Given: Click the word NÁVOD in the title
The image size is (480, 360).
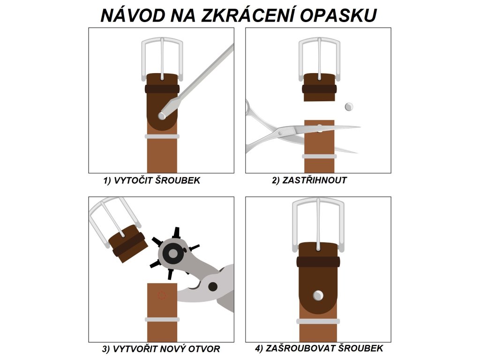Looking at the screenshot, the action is pos(133,15).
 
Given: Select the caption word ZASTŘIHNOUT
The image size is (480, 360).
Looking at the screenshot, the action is pos(315,180).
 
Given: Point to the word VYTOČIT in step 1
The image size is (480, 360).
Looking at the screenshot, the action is pos(133,180).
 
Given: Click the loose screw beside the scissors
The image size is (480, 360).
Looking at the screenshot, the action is pos(349,107).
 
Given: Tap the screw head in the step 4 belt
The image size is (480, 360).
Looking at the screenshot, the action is pos(318,295).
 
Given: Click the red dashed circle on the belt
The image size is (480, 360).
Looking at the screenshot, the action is pos(162,295).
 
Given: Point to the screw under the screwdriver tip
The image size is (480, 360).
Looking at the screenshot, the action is pos(162,116).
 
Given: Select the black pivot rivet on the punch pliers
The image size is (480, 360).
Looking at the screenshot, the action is pos(213,287).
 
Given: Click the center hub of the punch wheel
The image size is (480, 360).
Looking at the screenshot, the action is pos(173,254).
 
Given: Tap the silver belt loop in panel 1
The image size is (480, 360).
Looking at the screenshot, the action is pos(162,136).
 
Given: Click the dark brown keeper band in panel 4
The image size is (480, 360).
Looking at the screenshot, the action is pos(318,262).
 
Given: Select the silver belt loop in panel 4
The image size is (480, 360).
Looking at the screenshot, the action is pos(318,322).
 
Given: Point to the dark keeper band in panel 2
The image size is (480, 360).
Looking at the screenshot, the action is pos(319,89).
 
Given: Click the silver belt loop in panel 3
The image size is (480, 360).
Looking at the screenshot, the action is pos(162,320).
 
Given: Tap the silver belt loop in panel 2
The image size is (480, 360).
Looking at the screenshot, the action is pos(319,157).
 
